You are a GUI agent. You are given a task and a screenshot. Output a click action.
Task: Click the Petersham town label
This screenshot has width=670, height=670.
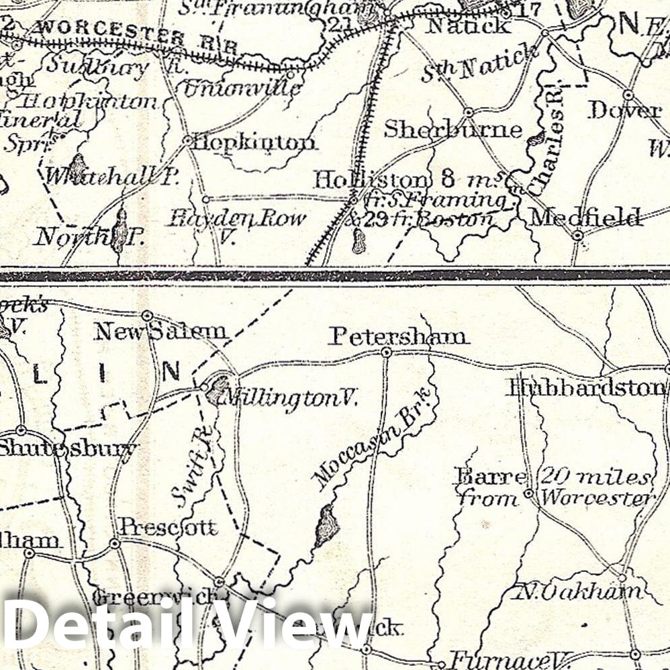pos(398,336)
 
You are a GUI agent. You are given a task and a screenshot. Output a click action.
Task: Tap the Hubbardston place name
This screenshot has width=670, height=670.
pos(586,387)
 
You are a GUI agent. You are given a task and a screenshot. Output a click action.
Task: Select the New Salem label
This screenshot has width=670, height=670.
pos(160,331)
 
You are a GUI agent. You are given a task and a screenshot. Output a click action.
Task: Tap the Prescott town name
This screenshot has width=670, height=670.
pos(169,527)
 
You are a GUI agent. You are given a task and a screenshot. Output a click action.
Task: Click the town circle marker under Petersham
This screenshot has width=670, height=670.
pos(386,352)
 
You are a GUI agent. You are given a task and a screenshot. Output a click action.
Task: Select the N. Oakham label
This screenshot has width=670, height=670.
pos(579,591)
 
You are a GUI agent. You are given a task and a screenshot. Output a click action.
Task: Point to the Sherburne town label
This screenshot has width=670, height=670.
pos(452,130)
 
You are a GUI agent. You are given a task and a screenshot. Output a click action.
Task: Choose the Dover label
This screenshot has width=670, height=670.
pos(624,111)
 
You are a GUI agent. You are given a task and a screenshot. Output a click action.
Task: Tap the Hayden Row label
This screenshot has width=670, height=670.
pos(236,218)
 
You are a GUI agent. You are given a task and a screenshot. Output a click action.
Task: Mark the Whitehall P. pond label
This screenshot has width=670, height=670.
pos(111,176)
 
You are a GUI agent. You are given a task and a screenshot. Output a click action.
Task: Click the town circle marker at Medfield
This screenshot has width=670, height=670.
pos(577,235)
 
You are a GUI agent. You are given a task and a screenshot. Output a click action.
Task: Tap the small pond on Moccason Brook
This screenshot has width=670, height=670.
pos(327,525)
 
